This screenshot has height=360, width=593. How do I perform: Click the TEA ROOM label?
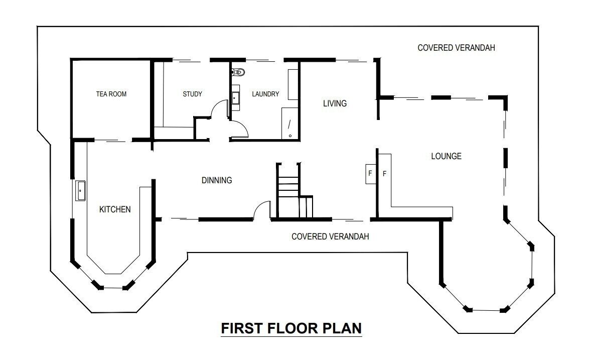111,94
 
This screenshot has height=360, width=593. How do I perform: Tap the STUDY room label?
192,94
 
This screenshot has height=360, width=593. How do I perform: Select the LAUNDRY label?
265,94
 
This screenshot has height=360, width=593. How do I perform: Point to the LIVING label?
335,103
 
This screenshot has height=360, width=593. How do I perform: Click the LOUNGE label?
447,156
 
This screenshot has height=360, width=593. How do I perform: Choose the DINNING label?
217,180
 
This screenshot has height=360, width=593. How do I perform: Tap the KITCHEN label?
115,209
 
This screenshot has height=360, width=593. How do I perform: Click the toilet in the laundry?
238,71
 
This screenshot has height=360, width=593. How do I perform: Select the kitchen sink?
81,191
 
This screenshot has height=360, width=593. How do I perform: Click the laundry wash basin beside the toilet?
236,98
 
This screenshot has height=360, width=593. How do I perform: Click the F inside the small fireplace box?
370,173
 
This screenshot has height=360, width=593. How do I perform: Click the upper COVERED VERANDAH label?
456,48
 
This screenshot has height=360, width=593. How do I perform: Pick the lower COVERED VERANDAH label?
330,236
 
